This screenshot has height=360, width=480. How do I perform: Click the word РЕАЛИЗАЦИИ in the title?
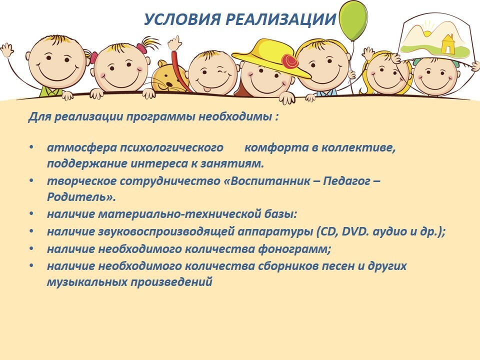click(x=280, y=19)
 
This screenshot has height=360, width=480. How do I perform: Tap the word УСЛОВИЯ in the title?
click(x=182, y=19)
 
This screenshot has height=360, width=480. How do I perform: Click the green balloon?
click(x=354, y=21)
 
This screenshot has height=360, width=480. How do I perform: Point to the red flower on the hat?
click(x=290, y=61)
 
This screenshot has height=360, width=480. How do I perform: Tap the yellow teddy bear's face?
click(x=169, y=77)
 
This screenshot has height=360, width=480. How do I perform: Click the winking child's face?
click(x=212, y=73)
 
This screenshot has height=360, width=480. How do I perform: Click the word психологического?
click(x=171, y=148)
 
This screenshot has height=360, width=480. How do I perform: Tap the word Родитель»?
click(x=81, y=197)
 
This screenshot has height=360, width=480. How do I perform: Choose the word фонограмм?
click(x=294, y=249)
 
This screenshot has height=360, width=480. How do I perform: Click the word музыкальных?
click(x=87, y=282)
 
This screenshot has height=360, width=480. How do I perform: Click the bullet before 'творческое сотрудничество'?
click(x=31, y=180)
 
